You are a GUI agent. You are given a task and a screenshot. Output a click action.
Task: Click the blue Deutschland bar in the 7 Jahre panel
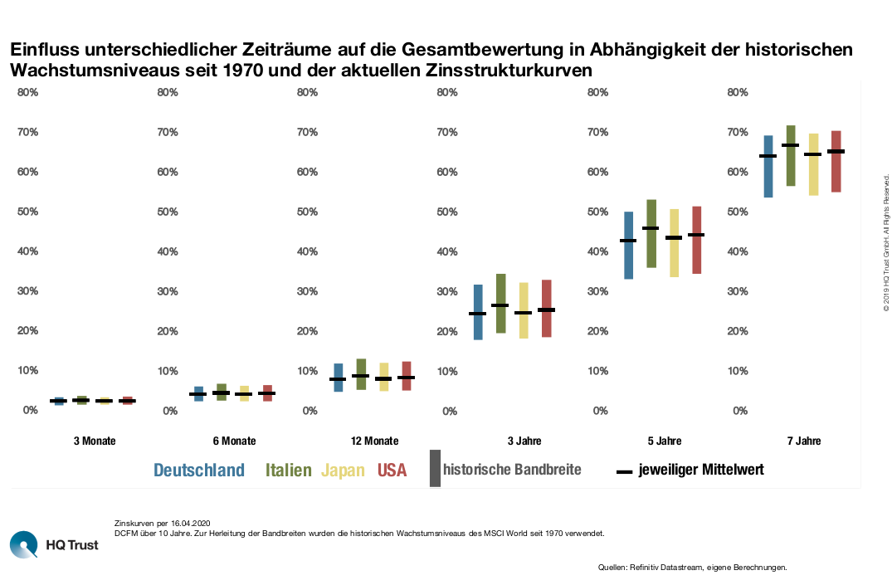click(768, 166)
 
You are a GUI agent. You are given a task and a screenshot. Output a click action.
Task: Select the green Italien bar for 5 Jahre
click(652, 233)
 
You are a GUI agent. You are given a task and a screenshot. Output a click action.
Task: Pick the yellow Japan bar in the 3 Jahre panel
click(524, 310)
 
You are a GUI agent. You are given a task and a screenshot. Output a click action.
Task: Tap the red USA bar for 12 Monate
click(407, 376)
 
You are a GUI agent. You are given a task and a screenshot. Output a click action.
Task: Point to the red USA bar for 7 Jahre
click(836, 161)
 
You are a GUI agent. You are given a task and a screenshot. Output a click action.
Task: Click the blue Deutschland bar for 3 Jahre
click(478, 312)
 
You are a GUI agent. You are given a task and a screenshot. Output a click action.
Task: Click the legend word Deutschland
click(199, 470)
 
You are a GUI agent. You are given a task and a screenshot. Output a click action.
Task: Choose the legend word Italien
click(289, 470)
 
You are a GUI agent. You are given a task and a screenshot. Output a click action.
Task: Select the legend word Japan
click(343, 470)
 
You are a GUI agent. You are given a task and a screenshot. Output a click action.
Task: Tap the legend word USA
click(392, 470)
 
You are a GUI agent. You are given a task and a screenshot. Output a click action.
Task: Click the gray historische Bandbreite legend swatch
click(435, 468)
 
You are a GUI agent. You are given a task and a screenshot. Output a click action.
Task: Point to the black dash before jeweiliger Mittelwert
click(626, 471)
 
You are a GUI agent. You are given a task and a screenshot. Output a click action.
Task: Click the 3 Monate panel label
click(94, 441)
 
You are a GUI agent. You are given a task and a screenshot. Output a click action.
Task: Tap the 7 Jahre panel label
click(803, 441)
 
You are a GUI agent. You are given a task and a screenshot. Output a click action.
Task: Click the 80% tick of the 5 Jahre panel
click(598, 92)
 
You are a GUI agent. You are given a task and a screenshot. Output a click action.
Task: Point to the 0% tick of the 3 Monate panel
click(30, 410)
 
